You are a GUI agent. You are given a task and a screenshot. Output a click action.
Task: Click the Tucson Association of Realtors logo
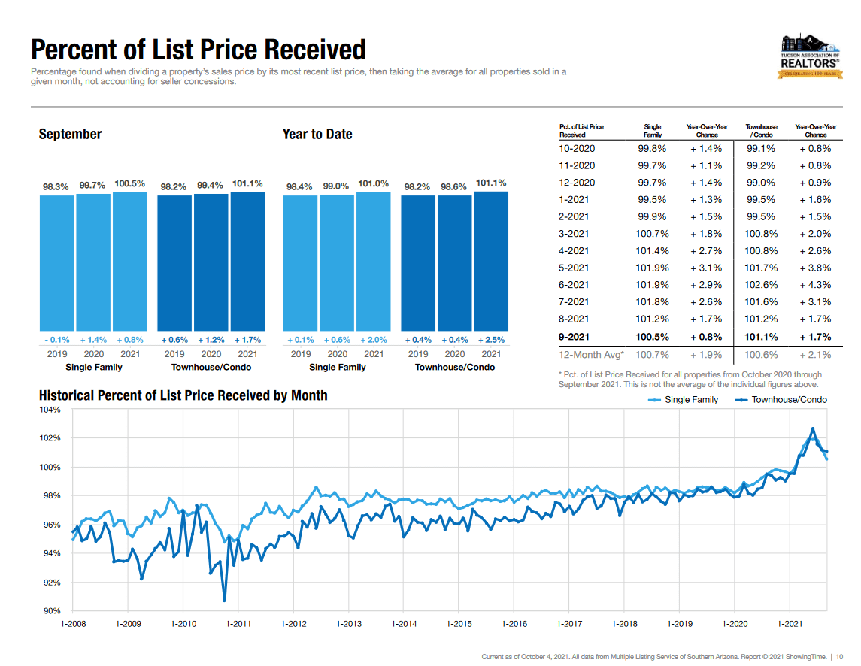810,56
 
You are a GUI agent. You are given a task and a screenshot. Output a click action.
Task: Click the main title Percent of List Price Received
199,50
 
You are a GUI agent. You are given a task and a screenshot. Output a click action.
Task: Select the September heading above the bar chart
70,135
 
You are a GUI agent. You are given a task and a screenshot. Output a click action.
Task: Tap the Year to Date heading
317,135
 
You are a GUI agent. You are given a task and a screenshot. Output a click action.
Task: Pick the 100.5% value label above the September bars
129,183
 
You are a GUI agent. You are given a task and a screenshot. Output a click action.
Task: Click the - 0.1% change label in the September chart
56,340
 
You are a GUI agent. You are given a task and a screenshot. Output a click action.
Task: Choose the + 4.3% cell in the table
815,285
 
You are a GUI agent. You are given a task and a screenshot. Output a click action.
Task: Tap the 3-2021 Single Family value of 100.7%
652,234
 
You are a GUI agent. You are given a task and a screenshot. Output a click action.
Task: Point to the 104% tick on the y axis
51,410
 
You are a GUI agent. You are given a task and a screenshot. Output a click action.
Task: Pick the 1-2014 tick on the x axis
404,624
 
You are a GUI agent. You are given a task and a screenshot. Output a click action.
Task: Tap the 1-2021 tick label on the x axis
790,624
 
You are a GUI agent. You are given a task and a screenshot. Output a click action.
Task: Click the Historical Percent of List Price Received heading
183,395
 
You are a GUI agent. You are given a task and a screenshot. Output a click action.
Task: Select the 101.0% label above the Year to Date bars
373,183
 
